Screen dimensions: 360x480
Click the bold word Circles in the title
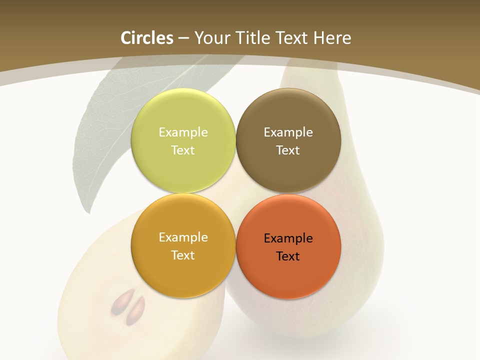click(146, 38)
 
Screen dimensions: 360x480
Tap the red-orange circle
click(288, 275)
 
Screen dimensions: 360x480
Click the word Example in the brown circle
click(288, 132)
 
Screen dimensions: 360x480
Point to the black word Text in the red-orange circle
click(288, 256)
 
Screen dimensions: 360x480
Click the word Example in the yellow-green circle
click(183, 132)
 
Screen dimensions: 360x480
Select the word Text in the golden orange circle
click(183, 255)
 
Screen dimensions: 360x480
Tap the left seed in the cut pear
click(120, 301)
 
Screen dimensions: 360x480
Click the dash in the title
click(184, 38)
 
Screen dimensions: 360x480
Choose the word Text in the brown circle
click(288, 150)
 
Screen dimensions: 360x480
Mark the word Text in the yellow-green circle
click(183, 150)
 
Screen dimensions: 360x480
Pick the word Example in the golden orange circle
click(183, 237)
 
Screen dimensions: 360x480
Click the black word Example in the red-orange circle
click(288, 238)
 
